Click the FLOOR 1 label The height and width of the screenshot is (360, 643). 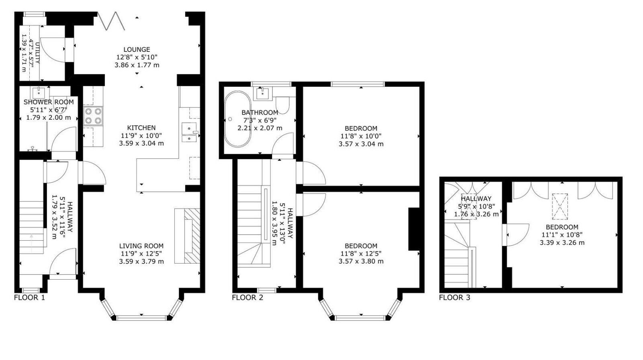click(x=29, y=298)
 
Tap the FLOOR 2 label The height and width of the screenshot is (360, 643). click(x=247, y=298)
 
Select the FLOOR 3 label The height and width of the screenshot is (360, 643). click(x=454, y=298)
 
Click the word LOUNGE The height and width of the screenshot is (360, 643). click(x=137, y=50)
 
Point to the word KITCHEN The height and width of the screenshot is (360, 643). click(x=141, y=128)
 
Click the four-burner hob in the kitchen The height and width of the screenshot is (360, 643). click(x=93, y=116)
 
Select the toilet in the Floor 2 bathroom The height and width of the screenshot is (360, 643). click(x=284, y=105)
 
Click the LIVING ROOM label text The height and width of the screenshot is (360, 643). click(x=141, y=246)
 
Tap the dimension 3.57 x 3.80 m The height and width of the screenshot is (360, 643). click(x=361, y=261)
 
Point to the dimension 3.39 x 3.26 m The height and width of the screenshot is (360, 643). click(x=562, y=243)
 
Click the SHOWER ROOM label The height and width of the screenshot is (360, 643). click(x=48, y=102)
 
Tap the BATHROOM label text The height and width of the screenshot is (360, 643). click(x=260, y=112)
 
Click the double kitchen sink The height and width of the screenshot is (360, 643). click(x=189, y=133)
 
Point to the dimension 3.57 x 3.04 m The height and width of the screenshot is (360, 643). click(x=361, y=144)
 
